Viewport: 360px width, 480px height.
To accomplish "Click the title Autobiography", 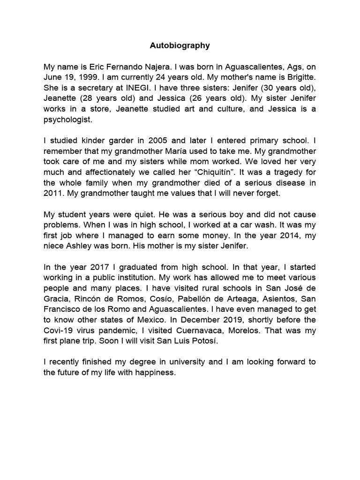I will tap(180, 46).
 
